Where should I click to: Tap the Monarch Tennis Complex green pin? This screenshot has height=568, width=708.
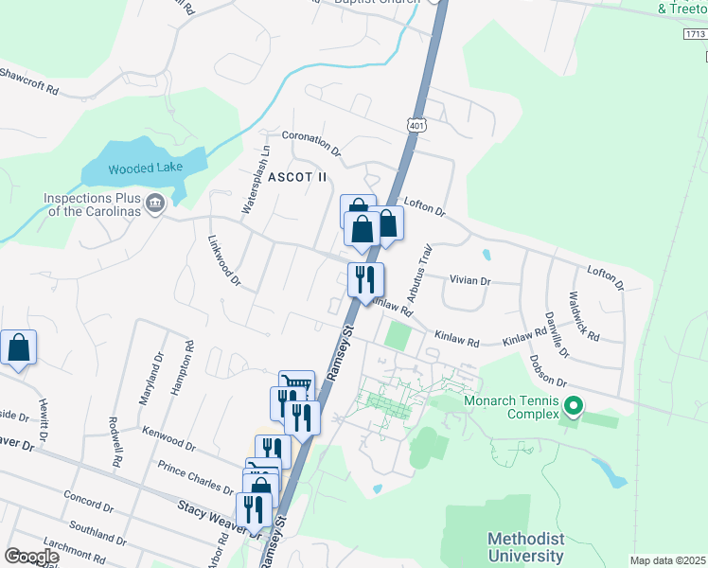tap(573, 407)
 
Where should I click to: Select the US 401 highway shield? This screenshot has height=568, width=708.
tap(418, 125)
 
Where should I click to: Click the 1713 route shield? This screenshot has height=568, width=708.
tap(694, 34)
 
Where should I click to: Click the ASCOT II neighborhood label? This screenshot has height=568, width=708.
tap(296, 177)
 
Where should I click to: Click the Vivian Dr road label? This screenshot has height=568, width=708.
tap(470, 281)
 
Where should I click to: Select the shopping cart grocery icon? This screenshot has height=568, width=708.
tap(296, 383)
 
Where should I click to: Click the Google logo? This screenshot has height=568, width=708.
tap(31, 557)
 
